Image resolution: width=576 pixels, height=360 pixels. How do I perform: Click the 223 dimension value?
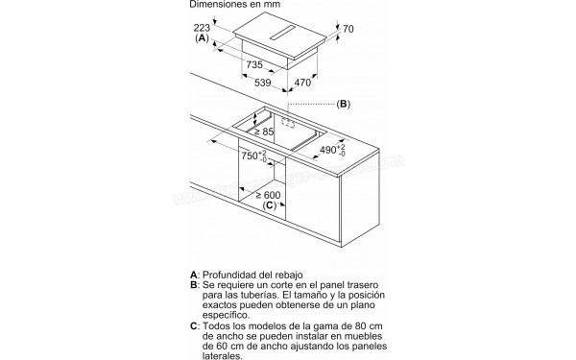(x=202, y=28)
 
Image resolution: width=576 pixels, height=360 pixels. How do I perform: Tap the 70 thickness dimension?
(x=348, y=29)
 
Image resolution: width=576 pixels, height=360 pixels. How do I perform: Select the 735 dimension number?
(x=254, y=64)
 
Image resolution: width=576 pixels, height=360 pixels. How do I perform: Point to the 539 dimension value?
(x=263, y=83)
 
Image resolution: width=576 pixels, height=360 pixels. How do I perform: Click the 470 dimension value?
(x=302, y=83)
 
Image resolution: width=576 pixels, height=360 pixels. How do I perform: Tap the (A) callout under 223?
(x=202, y=37)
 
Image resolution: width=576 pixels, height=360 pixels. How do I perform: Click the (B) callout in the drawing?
(x=344, y=104)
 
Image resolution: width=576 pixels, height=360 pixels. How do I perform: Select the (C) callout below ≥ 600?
(x=269, y=205)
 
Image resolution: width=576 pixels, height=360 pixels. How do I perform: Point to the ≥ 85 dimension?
(x=264, y=132)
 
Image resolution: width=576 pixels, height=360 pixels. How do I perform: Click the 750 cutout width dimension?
(x=254, y=156)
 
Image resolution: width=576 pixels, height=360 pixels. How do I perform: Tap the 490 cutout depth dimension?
(x=332, y=149)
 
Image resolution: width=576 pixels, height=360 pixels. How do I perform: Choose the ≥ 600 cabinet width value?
(x=268, y=195)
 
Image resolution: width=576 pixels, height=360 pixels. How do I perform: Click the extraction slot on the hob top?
(x=283, y=34)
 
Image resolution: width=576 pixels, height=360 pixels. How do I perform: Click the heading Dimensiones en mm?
(x=235, y=4)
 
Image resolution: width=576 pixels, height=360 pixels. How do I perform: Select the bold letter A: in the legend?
(x=195, y=275)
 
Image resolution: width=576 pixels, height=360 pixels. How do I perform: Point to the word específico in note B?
(x=226, y=315)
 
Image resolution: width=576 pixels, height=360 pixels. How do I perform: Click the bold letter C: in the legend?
(x=195, y=326)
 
